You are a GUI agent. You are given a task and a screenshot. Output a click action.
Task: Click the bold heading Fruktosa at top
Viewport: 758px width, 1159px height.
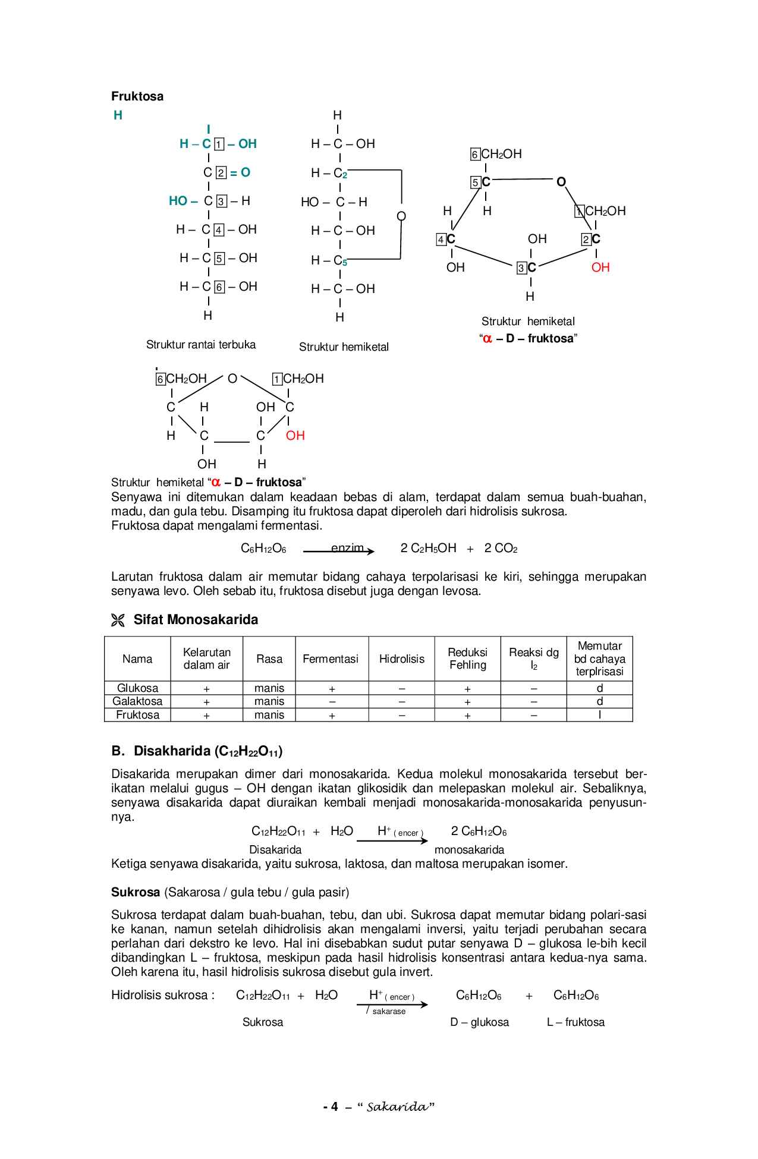point(137,96)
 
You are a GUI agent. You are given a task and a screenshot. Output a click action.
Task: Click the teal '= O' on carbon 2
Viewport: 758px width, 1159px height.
point(240,173)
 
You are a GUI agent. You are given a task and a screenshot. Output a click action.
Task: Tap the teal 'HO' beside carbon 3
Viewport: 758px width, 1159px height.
point(178,201)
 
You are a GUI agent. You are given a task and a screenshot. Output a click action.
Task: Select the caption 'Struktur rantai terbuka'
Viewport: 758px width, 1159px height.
point(201,345)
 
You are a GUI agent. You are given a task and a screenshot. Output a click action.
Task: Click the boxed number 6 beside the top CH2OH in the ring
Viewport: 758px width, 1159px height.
point(475,155)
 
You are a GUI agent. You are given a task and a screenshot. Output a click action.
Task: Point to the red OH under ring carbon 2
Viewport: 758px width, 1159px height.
point(600,267)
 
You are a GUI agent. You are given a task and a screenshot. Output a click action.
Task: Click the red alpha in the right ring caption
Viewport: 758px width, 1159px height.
point(487,339)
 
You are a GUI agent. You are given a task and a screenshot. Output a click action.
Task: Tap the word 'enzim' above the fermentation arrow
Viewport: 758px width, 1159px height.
point(347,548)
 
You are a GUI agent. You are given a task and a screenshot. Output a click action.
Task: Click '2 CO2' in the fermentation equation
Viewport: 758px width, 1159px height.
point(501,549)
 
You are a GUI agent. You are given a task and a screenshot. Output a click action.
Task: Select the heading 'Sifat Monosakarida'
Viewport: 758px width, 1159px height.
point(196,620)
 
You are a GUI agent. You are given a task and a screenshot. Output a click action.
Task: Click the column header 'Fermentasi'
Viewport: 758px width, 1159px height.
point(331,659)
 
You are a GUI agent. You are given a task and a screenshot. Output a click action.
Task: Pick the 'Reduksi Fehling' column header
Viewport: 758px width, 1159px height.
point(468,659)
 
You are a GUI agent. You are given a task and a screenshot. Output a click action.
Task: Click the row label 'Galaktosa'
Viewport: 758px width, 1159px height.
point(137,701)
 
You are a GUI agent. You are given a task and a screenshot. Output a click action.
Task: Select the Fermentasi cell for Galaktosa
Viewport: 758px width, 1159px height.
point(332,702)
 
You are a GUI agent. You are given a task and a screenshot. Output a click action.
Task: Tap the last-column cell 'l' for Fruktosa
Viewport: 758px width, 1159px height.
point(599,715)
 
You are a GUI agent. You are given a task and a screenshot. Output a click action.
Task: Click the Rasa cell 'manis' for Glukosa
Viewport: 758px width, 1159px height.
point(269,688)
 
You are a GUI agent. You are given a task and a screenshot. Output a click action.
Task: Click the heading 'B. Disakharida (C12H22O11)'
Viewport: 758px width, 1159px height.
point(197,751)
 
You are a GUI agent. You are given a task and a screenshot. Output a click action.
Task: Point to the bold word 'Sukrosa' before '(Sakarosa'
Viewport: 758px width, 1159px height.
point(136,892)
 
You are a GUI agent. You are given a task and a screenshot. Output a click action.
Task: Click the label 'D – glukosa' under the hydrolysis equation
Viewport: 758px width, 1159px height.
point(479,1022)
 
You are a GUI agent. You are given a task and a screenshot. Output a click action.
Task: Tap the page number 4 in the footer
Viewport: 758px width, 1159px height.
point(334,1107)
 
